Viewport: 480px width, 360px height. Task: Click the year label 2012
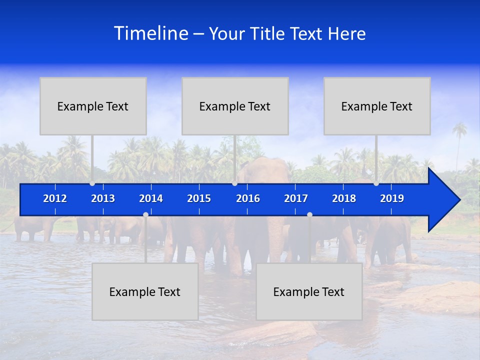55,198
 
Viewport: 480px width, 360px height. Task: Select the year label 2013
103,198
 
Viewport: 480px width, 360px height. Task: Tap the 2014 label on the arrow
151,198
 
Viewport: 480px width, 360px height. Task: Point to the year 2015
199,198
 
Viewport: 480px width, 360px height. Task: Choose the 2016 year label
248,198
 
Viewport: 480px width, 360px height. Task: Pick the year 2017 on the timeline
296,198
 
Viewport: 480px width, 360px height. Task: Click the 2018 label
344,198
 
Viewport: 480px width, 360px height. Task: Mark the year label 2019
392,198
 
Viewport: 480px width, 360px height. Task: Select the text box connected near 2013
93,106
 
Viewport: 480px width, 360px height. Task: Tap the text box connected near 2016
235,106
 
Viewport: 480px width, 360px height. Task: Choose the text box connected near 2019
377,106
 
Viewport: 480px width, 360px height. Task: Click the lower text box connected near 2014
145,291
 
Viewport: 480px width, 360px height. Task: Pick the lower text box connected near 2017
309,291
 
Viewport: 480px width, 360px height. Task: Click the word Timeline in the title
150,33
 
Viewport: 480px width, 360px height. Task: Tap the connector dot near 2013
92,183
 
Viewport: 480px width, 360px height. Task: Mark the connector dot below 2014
145,214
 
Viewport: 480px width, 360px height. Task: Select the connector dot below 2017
309,214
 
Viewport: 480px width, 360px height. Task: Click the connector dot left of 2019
376,183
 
